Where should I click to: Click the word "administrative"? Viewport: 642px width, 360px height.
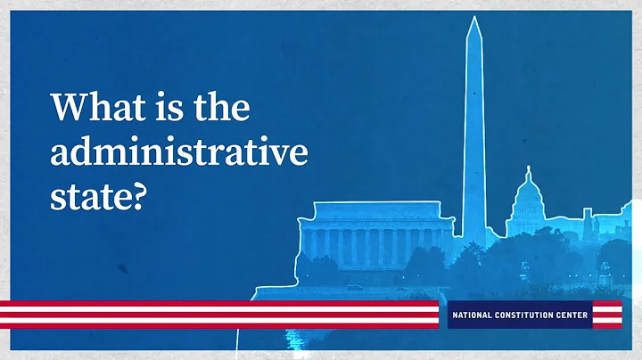pyautogui.click(x=179, y=152)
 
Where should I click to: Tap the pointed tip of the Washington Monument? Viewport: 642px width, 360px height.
pyautogui.click(x=473, y=19)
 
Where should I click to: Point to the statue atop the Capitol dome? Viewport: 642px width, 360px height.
pyautogui.click(x=530, y=170)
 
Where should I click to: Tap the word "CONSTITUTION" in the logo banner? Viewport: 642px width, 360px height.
pyautogui.click(x=530, y=315)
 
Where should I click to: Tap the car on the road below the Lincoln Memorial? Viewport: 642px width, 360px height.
pyautogui.click(x=354, y=287)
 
